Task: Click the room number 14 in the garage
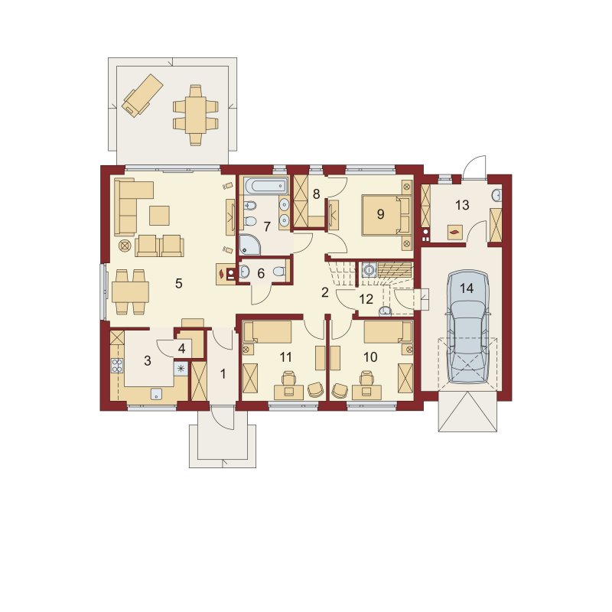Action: point(467,288)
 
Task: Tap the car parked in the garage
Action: point(467,327)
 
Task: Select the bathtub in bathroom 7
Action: point(265,185)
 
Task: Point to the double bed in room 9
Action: point(386,215)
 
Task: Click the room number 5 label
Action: point(179,283)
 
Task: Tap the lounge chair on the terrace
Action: point(142,95)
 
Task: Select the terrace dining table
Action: point(196,116)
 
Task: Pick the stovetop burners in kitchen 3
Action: point(117,366)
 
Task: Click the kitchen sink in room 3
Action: point(156,394)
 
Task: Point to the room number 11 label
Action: point(285,356)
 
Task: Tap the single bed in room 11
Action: point(267,332)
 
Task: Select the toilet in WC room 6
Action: point(279,272)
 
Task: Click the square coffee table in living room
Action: point(159,216)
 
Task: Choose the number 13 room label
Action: point(462,205)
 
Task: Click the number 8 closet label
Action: point(316,194)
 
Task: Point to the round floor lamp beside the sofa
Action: point(125,246)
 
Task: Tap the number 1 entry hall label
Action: point(223,374)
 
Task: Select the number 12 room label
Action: point(366,299)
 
